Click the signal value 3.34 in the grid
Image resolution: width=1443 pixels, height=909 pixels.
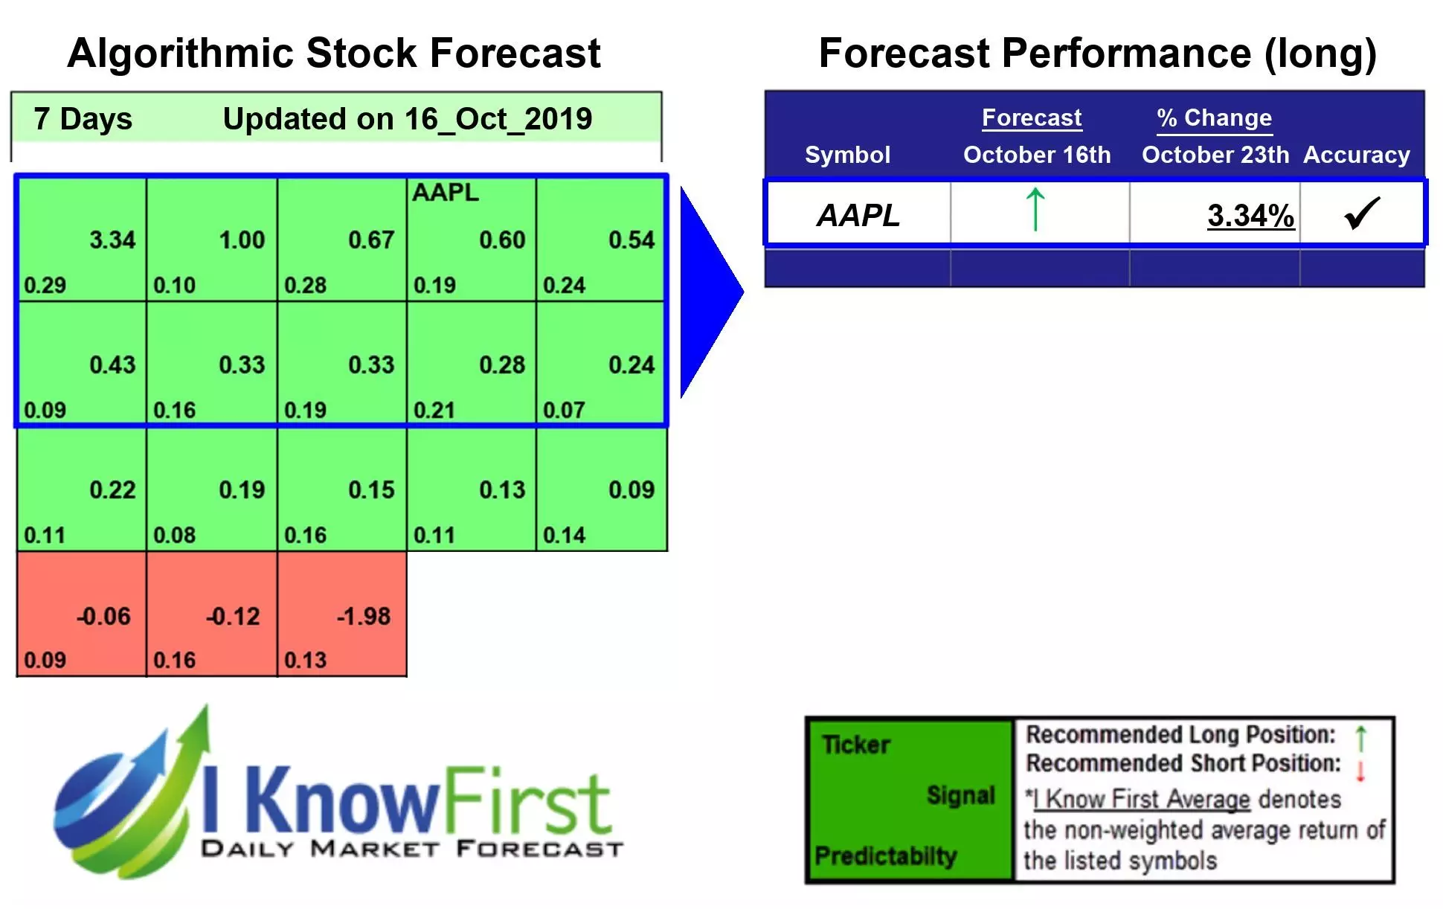(x=112, y=240)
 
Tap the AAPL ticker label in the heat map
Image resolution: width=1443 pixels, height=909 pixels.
(x=445, y=193)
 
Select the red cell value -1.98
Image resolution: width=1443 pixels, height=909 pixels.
(x=363, y=616)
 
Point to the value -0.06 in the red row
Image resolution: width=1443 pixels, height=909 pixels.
(x=103, y=616)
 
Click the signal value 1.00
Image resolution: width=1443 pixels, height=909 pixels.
(x=242, y=240)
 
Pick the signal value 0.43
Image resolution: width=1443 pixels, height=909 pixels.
(x=112, y=364)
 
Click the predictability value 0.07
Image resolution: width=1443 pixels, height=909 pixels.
(x=563, y=410)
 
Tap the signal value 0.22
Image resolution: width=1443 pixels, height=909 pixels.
(x=112, y=489)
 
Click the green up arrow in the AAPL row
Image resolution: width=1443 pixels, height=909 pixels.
(x=1035, y=210)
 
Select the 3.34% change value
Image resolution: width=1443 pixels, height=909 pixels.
(x=1250, y=216)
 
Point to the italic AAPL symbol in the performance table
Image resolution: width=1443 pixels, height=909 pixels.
(x=858, y=215)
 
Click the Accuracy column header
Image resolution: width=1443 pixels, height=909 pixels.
(x=1356, y=155)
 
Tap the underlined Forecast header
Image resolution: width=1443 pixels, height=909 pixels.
(x=1031, y=118)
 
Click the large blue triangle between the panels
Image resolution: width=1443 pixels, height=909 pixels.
(x=707, y=292)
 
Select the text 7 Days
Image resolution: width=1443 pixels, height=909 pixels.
(x=83, y=119)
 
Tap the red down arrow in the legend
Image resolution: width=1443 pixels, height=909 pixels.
(x=1360, y=771)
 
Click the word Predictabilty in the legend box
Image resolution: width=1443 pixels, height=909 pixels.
(x=884, y=855)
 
